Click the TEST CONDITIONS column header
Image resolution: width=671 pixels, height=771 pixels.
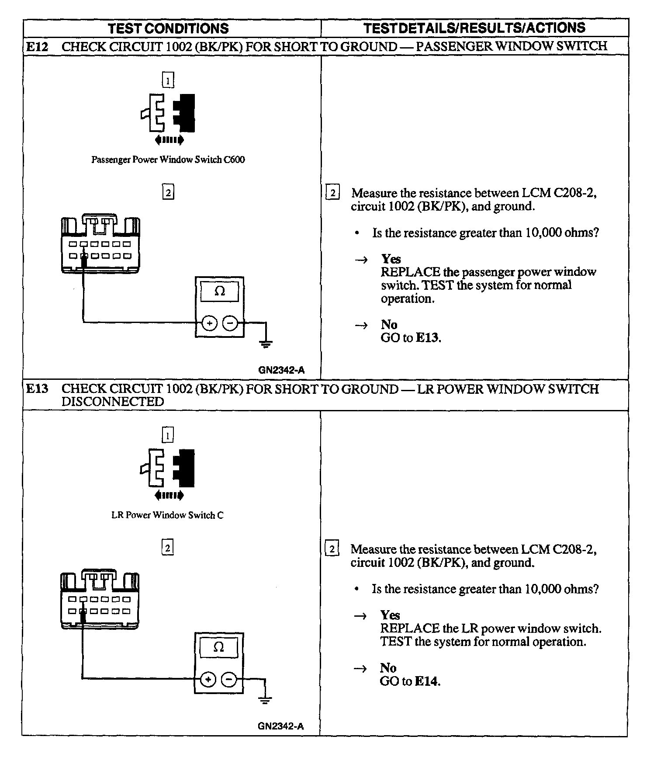tap(168, 28)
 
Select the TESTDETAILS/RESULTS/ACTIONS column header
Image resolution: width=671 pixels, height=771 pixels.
tap(474, 28)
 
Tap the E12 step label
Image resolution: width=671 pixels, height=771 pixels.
tap(37, 46)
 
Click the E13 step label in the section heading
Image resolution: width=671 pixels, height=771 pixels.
tap(37, 389)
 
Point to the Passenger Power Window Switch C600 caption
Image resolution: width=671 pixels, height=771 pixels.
tap(168, 160)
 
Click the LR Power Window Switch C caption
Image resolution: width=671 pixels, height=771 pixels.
tap(167, 515)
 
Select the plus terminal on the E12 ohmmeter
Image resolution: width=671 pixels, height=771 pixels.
tap(210, 323)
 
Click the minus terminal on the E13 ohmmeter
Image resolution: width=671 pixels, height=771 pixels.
tap(229, 679)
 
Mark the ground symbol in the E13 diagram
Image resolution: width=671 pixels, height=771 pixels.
tap(265, 700)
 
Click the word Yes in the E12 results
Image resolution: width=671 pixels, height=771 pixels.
tap(391, 259)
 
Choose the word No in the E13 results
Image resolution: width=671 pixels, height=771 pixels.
tap(388, 668)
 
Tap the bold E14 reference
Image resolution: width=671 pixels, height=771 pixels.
tap(426, 681)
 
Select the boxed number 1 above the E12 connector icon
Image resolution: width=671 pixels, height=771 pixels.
tap(168, 80)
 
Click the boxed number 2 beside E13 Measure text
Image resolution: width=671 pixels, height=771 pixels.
tap(332, 549)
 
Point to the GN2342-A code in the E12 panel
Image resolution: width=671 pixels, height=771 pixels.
tap(281, 370)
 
